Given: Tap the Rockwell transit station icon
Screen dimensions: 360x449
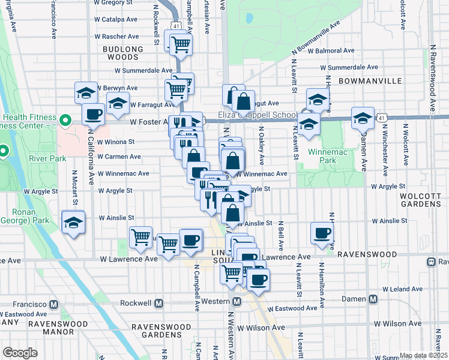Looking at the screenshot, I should [x=160, y=303].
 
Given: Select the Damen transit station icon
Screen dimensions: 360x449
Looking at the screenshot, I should [x=373, y=299].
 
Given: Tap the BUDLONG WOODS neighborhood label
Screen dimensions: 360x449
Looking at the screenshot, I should [x=123, y=53].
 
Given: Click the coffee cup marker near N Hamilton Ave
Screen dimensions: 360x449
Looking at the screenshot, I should [x=322, y=234].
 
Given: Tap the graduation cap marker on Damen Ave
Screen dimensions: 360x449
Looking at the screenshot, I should [x=363, y=118].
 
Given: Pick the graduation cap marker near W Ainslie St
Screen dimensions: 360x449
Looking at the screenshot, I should [x=73, y=224].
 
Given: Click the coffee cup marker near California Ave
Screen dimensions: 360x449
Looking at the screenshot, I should [x=93, y=113].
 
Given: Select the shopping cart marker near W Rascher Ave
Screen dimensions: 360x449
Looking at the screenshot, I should [x=180, y=43].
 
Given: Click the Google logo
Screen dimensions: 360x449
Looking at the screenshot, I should [x=20, y=353].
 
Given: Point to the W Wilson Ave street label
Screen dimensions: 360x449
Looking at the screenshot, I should [x=261, y=328].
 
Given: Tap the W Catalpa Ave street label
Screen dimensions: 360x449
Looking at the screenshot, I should [x=118, y=19].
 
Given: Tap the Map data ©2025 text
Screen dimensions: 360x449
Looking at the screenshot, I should [x=423, y=355].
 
